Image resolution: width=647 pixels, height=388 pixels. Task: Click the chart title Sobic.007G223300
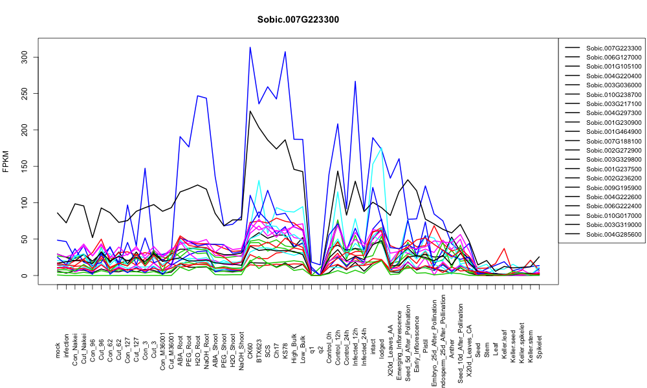(x=298, y=20)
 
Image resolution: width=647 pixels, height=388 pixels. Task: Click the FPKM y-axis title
(x=6, y=161)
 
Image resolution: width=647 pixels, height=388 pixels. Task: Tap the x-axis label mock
(x=58, y=350)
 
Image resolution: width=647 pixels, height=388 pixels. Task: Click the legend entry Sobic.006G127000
(x=613, y=58)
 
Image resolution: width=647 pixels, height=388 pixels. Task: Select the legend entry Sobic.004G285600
(x=613, y=235)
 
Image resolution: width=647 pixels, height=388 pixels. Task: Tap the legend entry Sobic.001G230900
(x=613, y=122)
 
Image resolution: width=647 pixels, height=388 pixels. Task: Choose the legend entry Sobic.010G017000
(x=613, y=215)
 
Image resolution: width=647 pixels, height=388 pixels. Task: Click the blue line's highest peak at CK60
(x=250, y=47)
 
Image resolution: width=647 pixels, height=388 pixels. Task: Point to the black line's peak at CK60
(x=250, y=111)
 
